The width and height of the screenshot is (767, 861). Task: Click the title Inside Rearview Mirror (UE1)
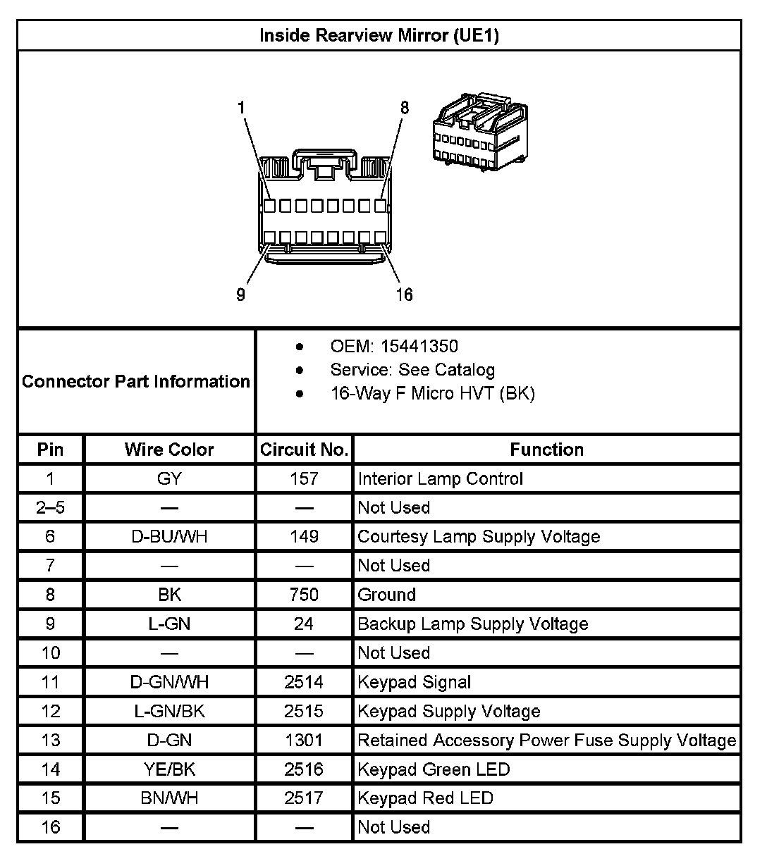(379, 35)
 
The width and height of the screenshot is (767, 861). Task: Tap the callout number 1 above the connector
(242, 108)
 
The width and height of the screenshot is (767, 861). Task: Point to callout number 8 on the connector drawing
(404, 108)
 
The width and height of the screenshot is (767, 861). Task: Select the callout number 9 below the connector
(240, 295)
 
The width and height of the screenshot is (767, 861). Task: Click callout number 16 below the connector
(404, 295)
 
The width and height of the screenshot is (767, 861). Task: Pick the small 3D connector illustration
(479, 132)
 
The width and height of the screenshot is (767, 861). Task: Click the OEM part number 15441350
(419, 347)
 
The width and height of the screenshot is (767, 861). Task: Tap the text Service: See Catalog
(412, 370)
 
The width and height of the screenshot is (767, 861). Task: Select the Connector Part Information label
(136, 381)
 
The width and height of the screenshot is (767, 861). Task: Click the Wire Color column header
(169, 450)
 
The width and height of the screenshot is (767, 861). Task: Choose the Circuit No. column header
(304, 450)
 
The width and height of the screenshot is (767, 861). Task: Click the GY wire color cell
(169, 479)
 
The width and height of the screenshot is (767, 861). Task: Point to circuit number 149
(304, 537)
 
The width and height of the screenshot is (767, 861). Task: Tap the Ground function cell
(387, 595)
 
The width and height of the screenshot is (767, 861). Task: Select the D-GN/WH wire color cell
(169, 682)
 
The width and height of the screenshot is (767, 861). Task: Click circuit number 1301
(304, 741)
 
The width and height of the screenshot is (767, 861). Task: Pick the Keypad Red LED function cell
(425, 798)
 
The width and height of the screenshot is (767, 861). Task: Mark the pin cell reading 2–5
(50, 508)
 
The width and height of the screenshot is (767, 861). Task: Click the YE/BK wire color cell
(169, 769)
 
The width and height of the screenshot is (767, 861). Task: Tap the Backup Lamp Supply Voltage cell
(472, 624)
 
